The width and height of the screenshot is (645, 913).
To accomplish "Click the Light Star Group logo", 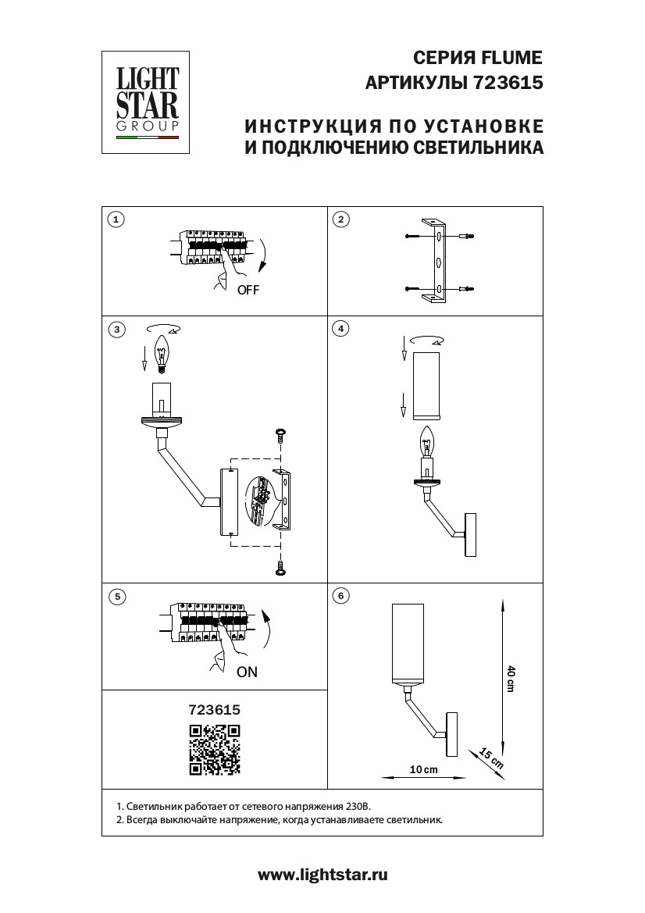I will pyautogui.click(x=148, y=102).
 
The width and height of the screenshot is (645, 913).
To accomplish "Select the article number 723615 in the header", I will pyautogui.click(x=508, y=82).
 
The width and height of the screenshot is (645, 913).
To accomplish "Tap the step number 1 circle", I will pyautogui.click(x=116, y=219).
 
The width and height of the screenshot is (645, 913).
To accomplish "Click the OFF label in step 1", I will pyautogui.click(x=248, y=290).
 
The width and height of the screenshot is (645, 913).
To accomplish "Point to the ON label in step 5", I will pyautogui.click(x=247, y=672).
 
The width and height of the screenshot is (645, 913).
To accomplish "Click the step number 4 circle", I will pyautogui.click(x=340, y=329).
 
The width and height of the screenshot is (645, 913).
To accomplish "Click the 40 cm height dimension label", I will pyautogui.click(x=511, y=678).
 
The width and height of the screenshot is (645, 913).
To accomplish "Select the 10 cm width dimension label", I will pyautogui.click(x=424, y=769).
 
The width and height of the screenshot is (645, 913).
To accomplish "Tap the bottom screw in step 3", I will pyautogui.click(x=280, y=569).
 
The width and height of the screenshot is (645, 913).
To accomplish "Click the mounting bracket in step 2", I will pyautogui.click(x=434, y=261).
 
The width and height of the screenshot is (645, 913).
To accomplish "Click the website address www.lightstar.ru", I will pyautogui.click(x=322, y=876).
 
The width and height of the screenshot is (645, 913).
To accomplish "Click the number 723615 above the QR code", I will pyautogui.click(x=215, y=710).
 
